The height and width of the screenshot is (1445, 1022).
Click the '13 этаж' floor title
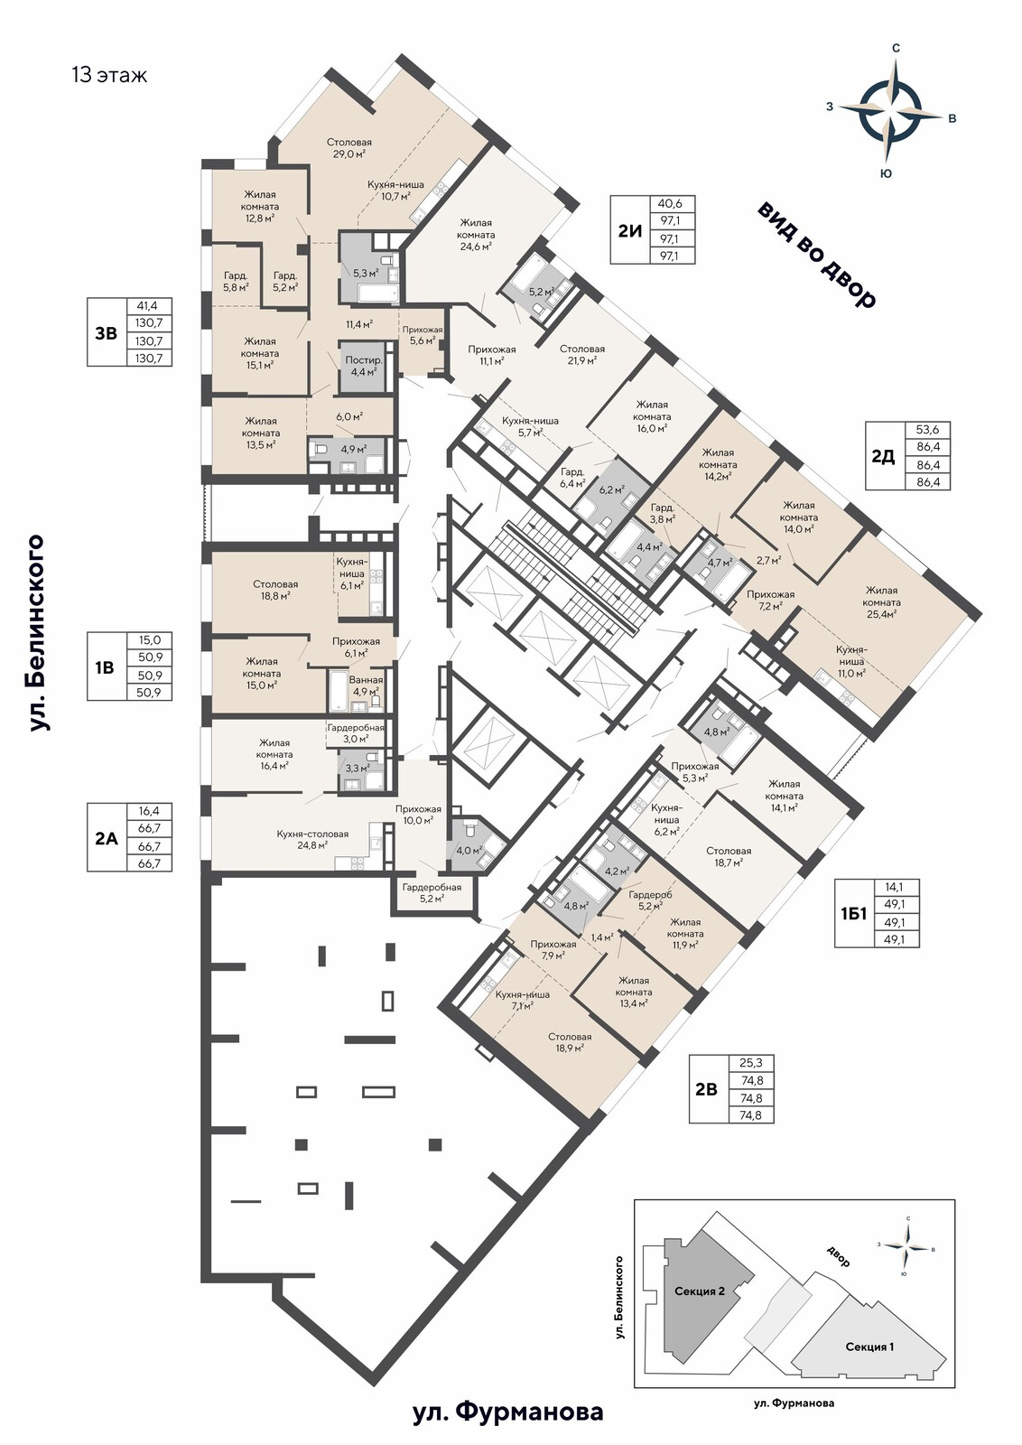coord(109,75)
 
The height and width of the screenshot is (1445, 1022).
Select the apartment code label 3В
coord(107,333)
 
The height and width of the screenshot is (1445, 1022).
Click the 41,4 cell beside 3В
coord(149,306)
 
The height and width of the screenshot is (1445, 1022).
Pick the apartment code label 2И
coord(630,230)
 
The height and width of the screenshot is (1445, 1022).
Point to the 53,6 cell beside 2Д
coord(927,430)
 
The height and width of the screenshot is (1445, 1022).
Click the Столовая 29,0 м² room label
coord(348,148)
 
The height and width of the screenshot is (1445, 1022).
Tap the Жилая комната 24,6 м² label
coord(478,234)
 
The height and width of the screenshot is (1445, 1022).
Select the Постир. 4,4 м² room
coord(365,365)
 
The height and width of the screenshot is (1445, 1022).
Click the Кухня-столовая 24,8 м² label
coord(312,839)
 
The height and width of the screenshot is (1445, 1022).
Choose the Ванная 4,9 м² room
coord(366,685)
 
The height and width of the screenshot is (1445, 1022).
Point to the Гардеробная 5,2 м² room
coord(432,893)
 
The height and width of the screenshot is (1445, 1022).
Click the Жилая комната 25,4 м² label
coord(881,601)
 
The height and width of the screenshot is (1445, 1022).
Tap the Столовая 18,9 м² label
coord(570,1042)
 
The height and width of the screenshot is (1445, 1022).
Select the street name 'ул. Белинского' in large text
coord(37,632)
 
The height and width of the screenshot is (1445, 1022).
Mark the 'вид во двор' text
coord(816,256)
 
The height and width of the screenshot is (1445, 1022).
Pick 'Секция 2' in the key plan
coord(700,1291)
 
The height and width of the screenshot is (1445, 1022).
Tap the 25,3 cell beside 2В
coord(751,1062)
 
